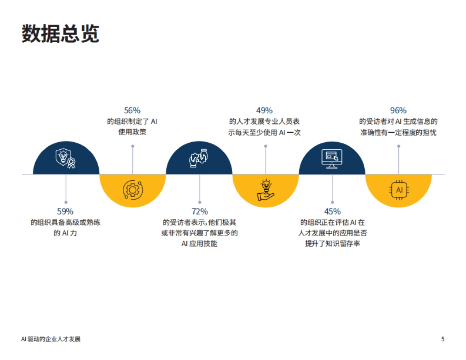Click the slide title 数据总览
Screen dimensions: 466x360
coord(60,34)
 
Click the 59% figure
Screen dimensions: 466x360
coord(65,211)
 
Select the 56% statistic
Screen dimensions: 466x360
coord(132,111)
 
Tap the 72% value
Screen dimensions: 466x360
coord(200,211)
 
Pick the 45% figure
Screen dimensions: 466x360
coord(332,211)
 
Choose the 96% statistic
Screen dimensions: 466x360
coord(398,111)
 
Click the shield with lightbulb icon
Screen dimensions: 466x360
coord(65,157)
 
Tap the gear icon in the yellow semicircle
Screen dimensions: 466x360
coord(132,190)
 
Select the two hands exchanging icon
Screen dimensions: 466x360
coord(199,157)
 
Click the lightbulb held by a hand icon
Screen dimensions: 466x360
coord(266,190)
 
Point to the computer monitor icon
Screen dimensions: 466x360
coord(332,158)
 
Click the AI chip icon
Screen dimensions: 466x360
coord(399,190)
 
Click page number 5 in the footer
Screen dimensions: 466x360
coord(443,339)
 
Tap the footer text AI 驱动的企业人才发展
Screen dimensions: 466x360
coord(51,339)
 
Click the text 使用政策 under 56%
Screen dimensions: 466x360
coord(132,132)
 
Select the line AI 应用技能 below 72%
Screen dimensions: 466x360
coord(199,244)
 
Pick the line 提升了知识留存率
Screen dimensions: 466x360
coord(332,244)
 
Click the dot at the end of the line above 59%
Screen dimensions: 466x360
coord(66,202)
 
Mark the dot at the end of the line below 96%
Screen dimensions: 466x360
coord(399,146)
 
